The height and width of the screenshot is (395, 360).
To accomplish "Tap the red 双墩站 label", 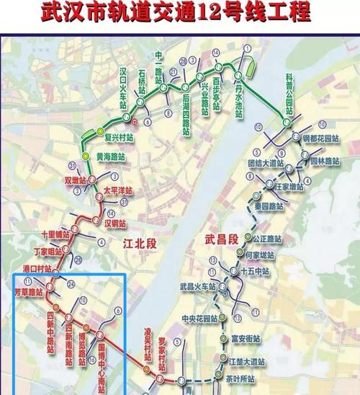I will pos(75,179).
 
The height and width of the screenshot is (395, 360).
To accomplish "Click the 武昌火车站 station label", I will pos(199,287).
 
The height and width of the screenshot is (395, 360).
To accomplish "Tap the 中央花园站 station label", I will pos(200,318).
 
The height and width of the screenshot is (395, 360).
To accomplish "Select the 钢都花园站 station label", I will pos(320,138).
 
